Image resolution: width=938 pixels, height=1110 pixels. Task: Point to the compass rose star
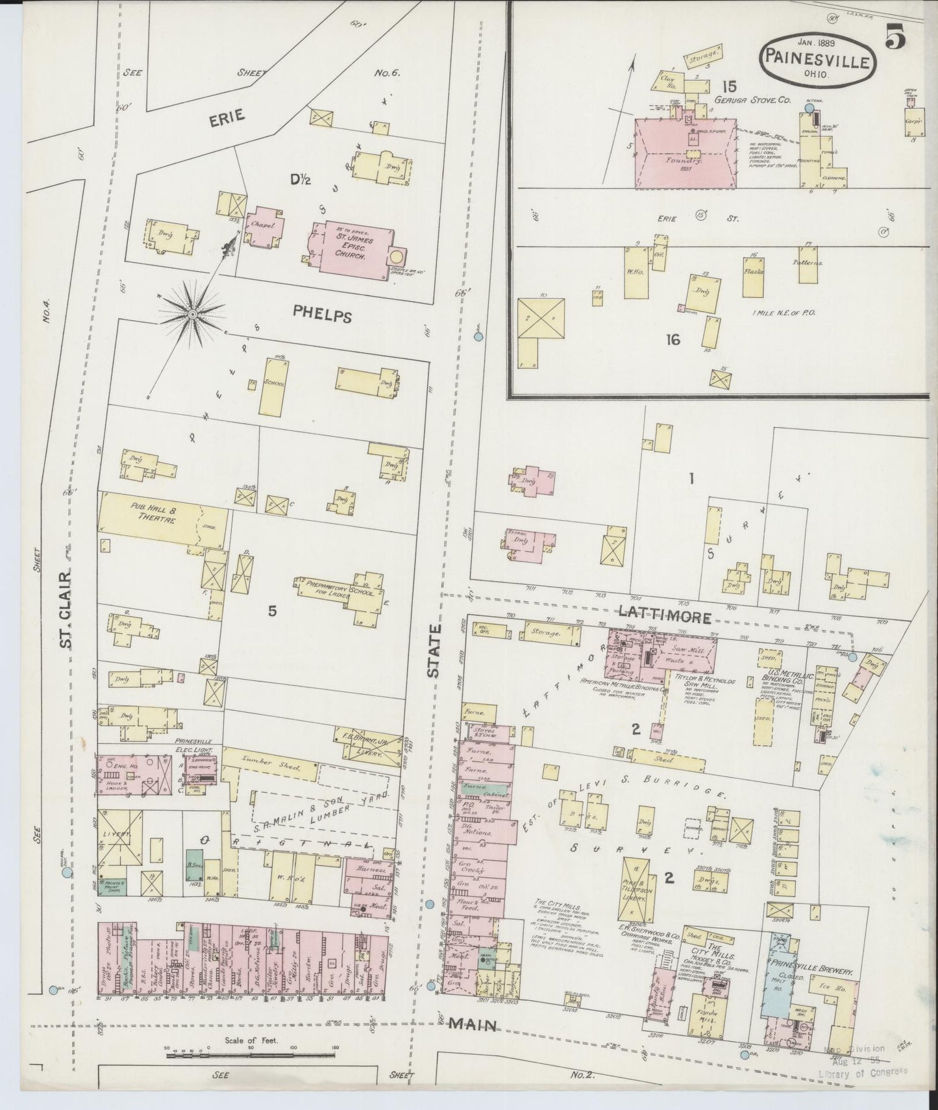(192, 314)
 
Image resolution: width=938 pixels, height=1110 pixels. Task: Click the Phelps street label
(322, 315)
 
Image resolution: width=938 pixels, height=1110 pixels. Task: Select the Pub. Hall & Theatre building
(162, 521)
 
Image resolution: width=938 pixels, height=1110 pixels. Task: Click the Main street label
(475, 1025)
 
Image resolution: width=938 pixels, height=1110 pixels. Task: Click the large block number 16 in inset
(673, 339)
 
